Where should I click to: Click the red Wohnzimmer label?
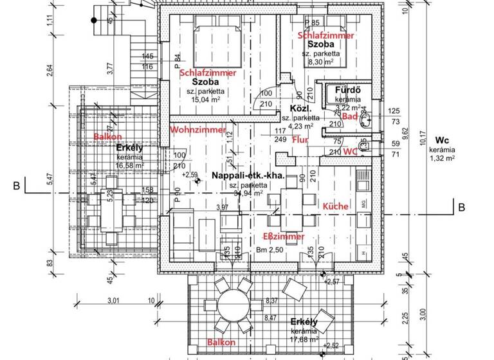[x=197, y=130]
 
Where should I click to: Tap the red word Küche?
[x=335, y=206]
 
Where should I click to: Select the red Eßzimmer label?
[x=284, y=237]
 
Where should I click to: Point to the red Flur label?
[x=300, y=139]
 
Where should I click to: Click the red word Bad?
[x=349, y=117]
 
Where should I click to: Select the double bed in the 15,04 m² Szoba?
[x=217, y=44]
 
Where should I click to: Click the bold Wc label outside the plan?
[x=442, y=140]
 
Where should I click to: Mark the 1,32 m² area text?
[x=442, y=157]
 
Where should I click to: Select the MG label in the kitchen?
[x=364, y=204]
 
